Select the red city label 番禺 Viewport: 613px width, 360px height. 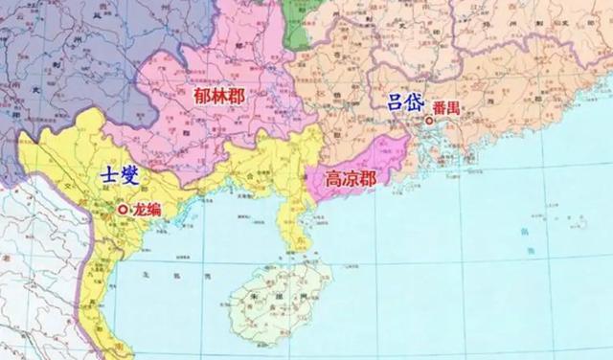(x=447, y=108)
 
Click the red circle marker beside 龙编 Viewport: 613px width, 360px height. (x=122, y=210)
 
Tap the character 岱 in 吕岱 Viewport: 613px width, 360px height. (x=416, y=102)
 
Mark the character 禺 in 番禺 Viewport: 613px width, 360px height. (x=455, y=108)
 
